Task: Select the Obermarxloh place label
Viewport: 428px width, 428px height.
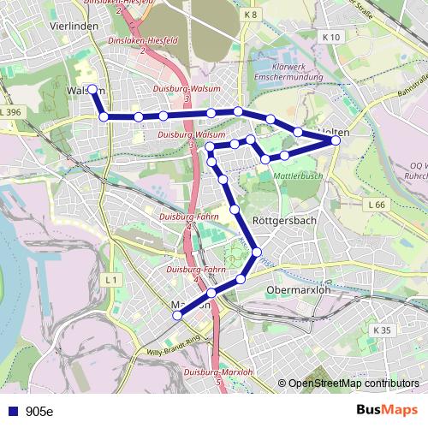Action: coord(299,289)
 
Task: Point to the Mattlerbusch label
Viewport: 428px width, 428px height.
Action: coord(298,175)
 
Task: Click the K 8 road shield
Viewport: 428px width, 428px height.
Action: coord(250,15)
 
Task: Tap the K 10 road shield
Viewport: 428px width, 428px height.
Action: coord(332,37)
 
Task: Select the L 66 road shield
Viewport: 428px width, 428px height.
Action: coord(377,205)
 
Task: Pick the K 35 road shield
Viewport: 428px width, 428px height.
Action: coord(382,330)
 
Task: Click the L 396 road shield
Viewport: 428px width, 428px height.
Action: coord(11,112)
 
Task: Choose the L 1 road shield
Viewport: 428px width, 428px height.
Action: coord(111,280)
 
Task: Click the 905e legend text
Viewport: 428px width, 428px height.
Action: coord(39,412)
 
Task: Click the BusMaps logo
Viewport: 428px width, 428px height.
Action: coord(388,411)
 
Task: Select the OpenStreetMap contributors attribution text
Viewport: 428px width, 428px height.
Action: coord(354,383)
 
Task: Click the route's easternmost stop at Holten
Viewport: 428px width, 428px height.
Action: coord(336,140)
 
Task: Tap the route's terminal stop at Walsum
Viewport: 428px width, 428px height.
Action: coord(92,89)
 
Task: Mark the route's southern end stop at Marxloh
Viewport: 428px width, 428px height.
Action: coord(178,316)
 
